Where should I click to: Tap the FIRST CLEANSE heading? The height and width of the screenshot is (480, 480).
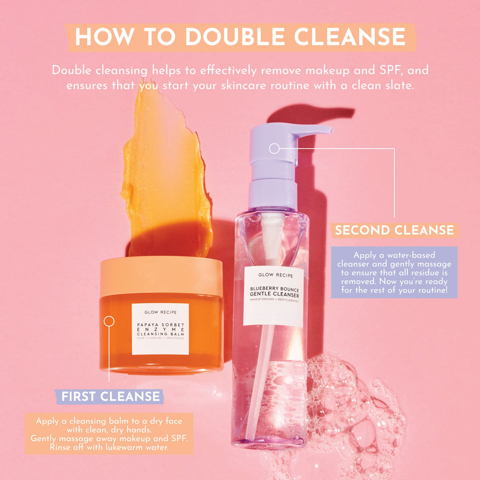[x=111, y=397]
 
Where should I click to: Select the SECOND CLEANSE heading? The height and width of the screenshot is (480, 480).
[x=394, y=230]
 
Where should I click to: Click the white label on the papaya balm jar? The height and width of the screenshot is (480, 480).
[x=160, y=329]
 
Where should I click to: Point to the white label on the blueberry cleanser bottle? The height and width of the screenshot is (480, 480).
[x=273, y=297]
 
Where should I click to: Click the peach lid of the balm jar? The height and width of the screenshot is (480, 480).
[x=161, y=276]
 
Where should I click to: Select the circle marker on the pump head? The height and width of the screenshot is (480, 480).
[x=274, y=149]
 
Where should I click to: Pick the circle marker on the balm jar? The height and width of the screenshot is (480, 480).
[x=109, y=321]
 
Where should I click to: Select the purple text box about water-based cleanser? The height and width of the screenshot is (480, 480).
[x=394, y=272]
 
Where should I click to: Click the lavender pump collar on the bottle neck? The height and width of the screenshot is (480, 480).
[x=273, y=194]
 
